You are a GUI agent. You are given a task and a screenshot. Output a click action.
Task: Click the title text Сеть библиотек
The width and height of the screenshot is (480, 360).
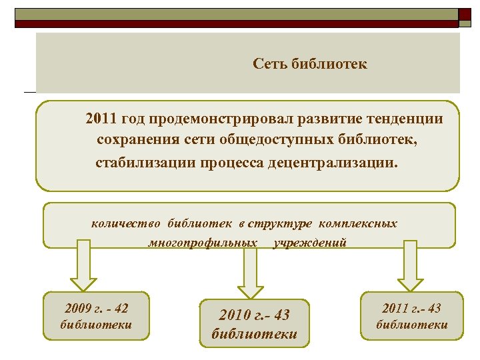coord(310,65)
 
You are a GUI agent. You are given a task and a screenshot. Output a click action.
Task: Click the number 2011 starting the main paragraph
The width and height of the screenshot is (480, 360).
coord(101,119)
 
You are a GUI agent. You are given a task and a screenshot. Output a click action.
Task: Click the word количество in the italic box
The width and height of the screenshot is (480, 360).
coord(127,223)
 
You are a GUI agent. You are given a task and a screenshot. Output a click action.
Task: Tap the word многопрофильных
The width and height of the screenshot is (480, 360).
coord(203,243)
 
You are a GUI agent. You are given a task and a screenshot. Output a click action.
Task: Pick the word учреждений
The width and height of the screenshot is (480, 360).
coord(310,243)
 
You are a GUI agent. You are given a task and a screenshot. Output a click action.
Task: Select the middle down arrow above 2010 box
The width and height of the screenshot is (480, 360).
coord(251,270)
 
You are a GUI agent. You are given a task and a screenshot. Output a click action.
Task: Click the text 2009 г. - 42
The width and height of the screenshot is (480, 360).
coord(96,308)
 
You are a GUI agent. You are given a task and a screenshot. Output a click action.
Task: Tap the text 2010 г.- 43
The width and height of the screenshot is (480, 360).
coord(254,315)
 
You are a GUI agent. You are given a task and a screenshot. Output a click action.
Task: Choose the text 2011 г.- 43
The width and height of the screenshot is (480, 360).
coord(411,308)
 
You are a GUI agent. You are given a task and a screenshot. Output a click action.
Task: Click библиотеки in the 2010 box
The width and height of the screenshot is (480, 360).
coord(254,333)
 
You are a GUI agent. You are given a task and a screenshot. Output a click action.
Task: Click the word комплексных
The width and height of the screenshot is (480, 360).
coord(358,223)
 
